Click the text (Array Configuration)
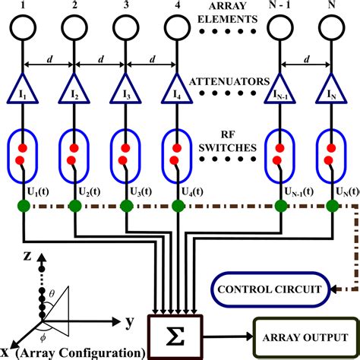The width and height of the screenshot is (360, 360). (80, 352)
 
